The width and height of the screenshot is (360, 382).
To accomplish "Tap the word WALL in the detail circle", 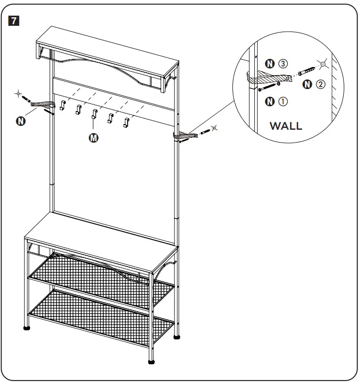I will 285,126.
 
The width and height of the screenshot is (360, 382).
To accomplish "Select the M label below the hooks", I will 94,138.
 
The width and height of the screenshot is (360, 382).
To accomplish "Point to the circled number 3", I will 283,64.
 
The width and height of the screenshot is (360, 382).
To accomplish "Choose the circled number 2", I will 320,85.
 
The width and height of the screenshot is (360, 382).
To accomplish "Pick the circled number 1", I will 283,101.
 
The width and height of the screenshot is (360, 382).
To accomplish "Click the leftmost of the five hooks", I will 62,105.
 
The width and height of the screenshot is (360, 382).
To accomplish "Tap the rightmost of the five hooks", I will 126,122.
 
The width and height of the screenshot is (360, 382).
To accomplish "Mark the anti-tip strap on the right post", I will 184,136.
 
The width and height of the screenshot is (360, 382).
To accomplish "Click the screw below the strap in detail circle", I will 268,87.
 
